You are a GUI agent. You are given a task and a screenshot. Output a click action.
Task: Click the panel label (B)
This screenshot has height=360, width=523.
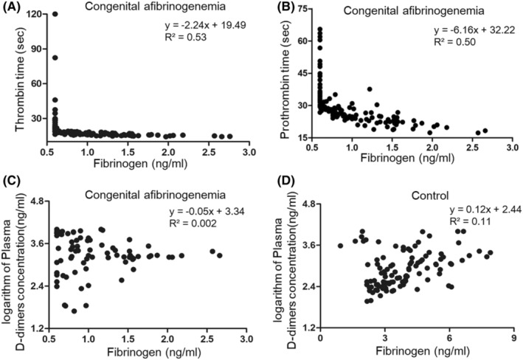click(x=276, y=8)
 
